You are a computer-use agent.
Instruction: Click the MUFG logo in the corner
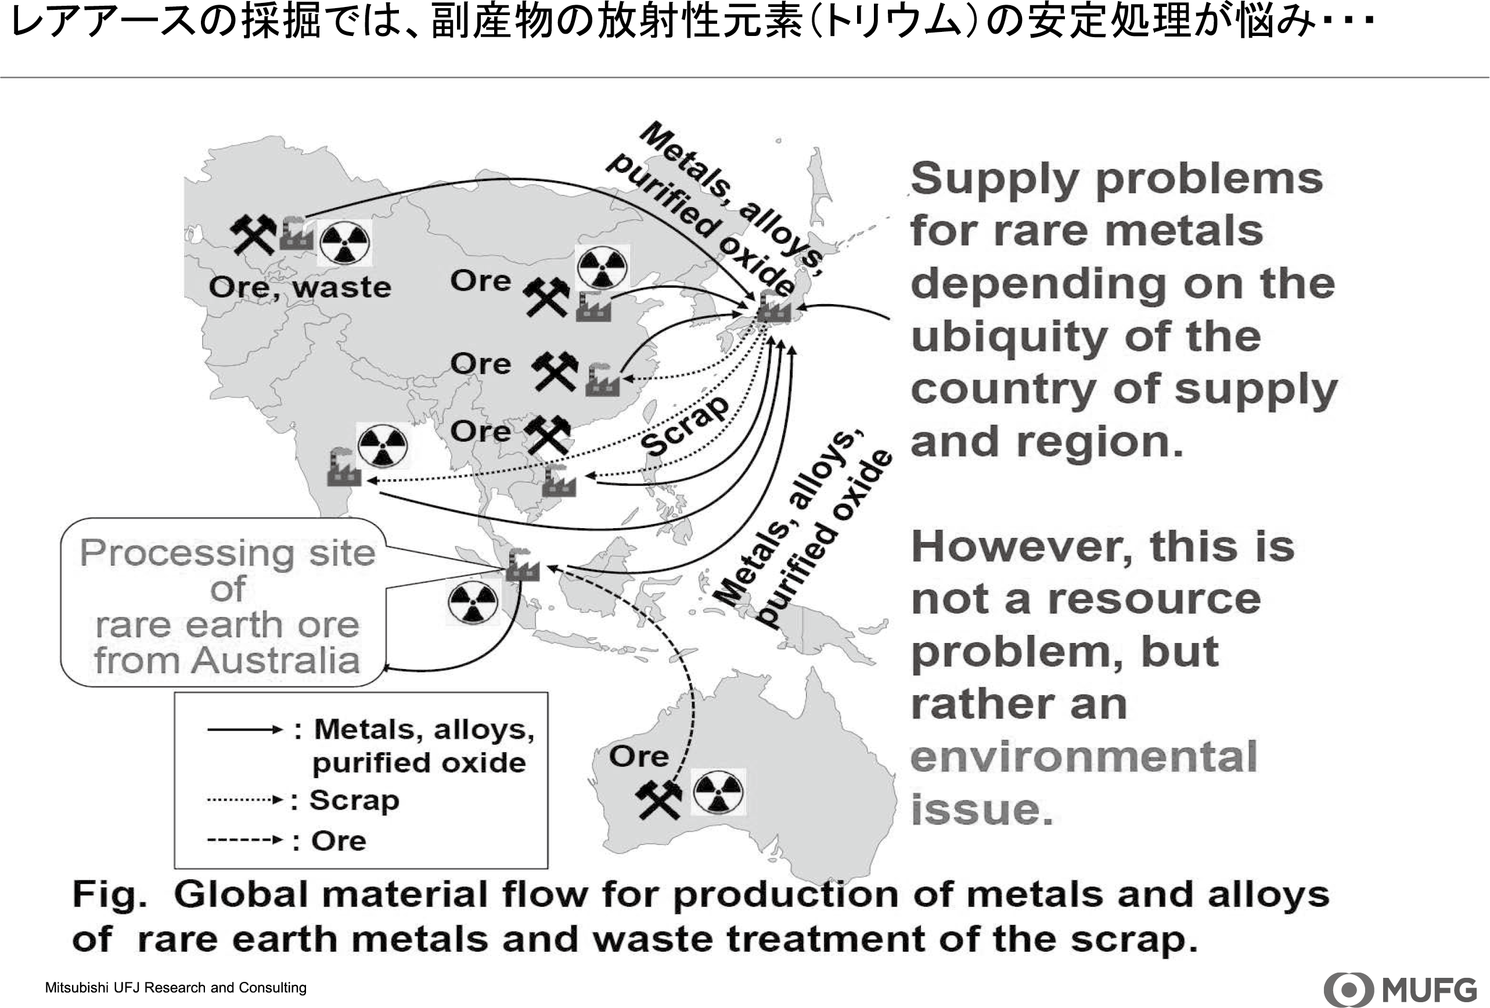point(1400,989)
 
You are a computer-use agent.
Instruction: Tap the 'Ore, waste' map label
point(300,287)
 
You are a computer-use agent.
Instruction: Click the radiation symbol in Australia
point(718,792)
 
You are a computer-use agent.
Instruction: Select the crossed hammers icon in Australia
point(658,800)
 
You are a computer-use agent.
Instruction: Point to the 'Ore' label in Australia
point(639,756)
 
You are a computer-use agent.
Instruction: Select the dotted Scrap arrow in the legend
point(244,800)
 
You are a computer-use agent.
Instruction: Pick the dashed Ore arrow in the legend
point(244,840)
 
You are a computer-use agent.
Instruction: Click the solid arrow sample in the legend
point(244,729)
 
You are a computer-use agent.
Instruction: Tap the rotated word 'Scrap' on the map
point(685,425)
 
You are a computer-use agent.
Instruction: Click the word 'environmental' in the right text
point(1083,757)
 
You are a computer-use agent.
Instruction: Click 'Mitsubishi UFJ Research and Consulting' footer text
point(176,988)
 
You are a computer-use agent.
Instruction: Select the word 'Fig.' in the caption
point(109,895)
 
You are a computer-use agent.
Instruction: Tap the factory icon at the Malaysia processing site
point(523,565)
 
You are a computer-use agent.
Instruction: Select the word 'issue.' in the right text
point(981,810)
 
